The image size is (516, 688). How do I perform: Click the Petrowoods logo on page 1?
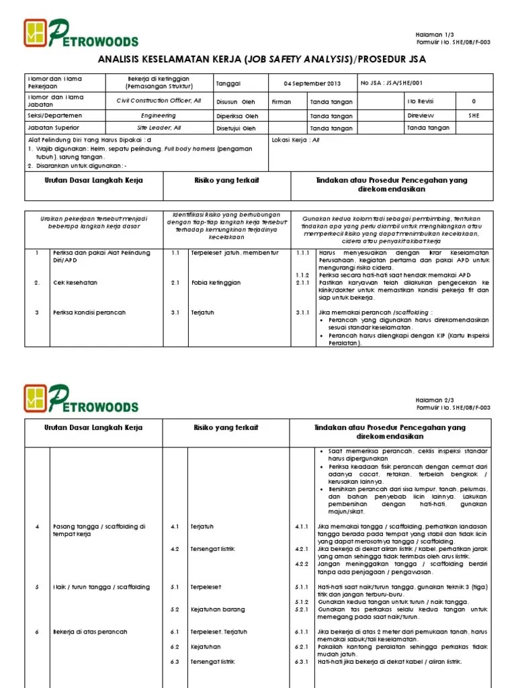pyautogui.click(x=81, y=33)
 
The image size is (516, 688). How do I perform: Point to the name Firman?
pyautogui.click(x=282, y=102)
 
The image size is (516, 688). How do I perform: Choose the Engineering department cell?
pyautogui.click(x=160, y=116)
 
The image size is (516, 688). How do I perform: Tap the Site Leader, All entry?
pyautogui.click(x=160, y=128)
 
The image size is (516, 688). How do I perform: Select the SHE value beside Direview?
pyautogui.click(x=474, y=116)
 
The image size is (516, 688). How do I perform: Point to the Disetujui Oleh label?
pyautogui.click(x=236, y=128)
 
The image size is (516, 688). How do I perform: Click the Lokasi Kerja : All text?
pyautogui.click(x=295, y=140)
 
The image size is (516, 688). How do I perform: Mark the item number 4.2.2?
pyautogui.click(x=302, y=562)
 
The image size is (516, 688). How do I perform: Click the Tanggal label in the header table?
pyautogui.click(x=228, y=83)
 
